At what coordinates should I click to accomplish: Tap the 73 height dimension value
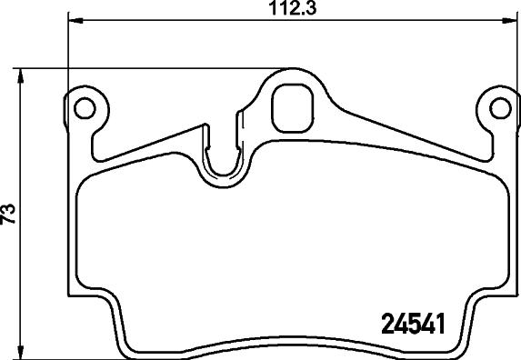(10, 215)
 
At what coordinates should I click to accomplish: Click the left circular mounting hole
(85, 108)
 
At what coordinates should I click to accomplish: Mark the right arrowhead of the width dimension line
(506, 20)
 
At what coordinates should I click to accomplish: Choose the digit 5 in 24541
(409, 323)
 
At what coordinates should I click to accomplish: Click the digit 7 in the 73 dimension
(10, 221)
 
